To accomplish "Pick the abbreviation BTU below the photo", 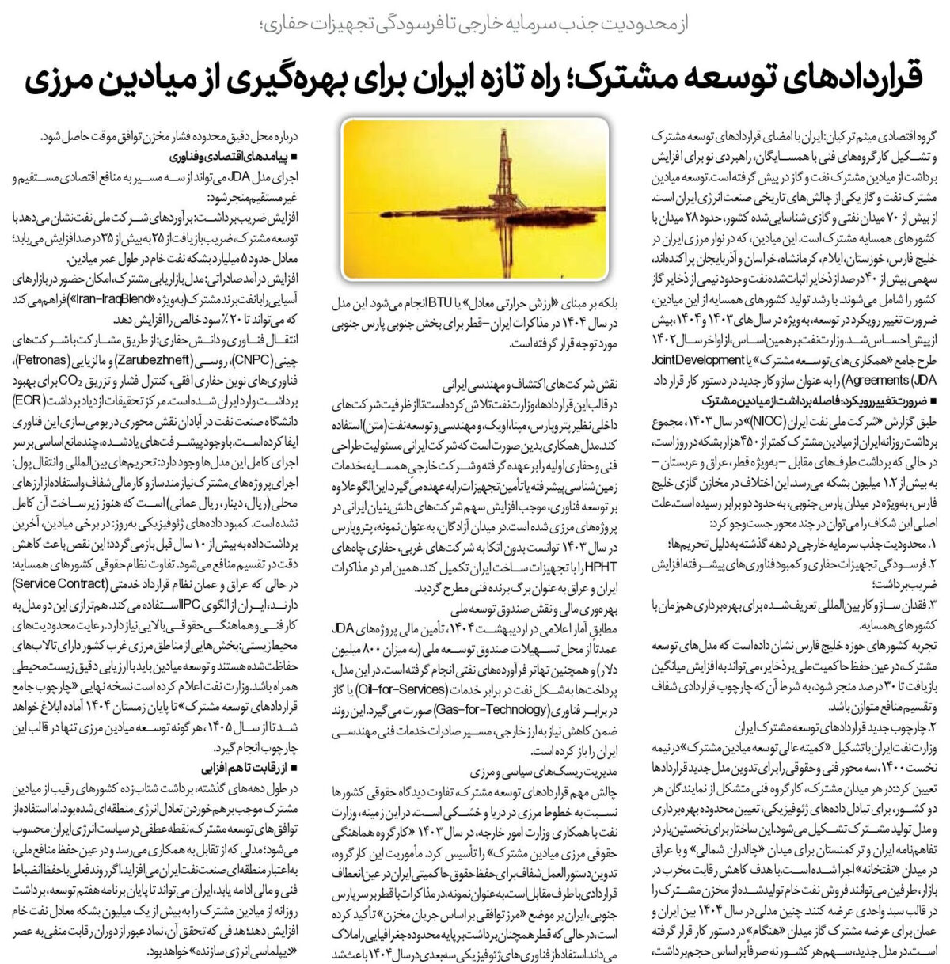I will [x=426, y=301].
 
